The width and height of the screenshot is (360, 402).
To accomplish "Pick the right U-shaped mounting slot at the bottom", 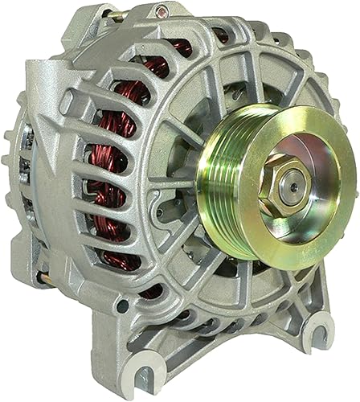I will click(320, 330).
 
